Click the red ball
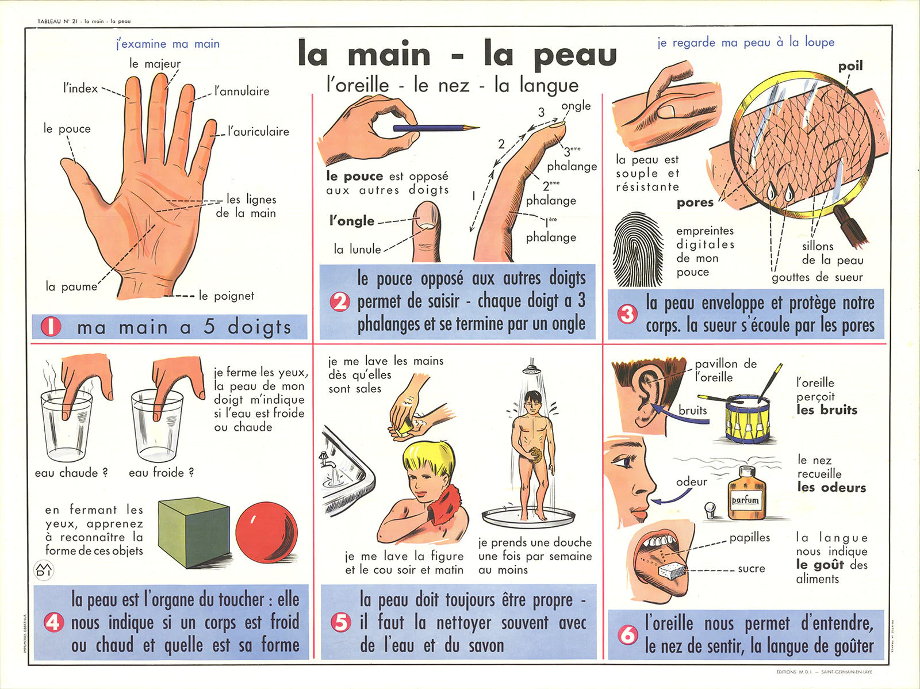[267, 529]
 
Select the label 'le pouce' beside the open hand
[67, 129]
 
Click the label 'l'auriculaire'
[259, 132]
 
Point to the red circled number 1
[51, 327]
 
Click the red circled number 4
[54, 623]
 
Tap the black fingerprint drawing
[638, 249]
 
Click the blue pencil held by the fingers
[436, 128]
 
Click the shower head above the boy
[531, 369]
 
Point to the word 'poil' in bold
[850, 66]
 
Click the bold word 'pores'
[695, 203]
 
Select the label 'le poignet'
[227, 296]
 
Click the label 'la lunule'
[357, 250]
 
